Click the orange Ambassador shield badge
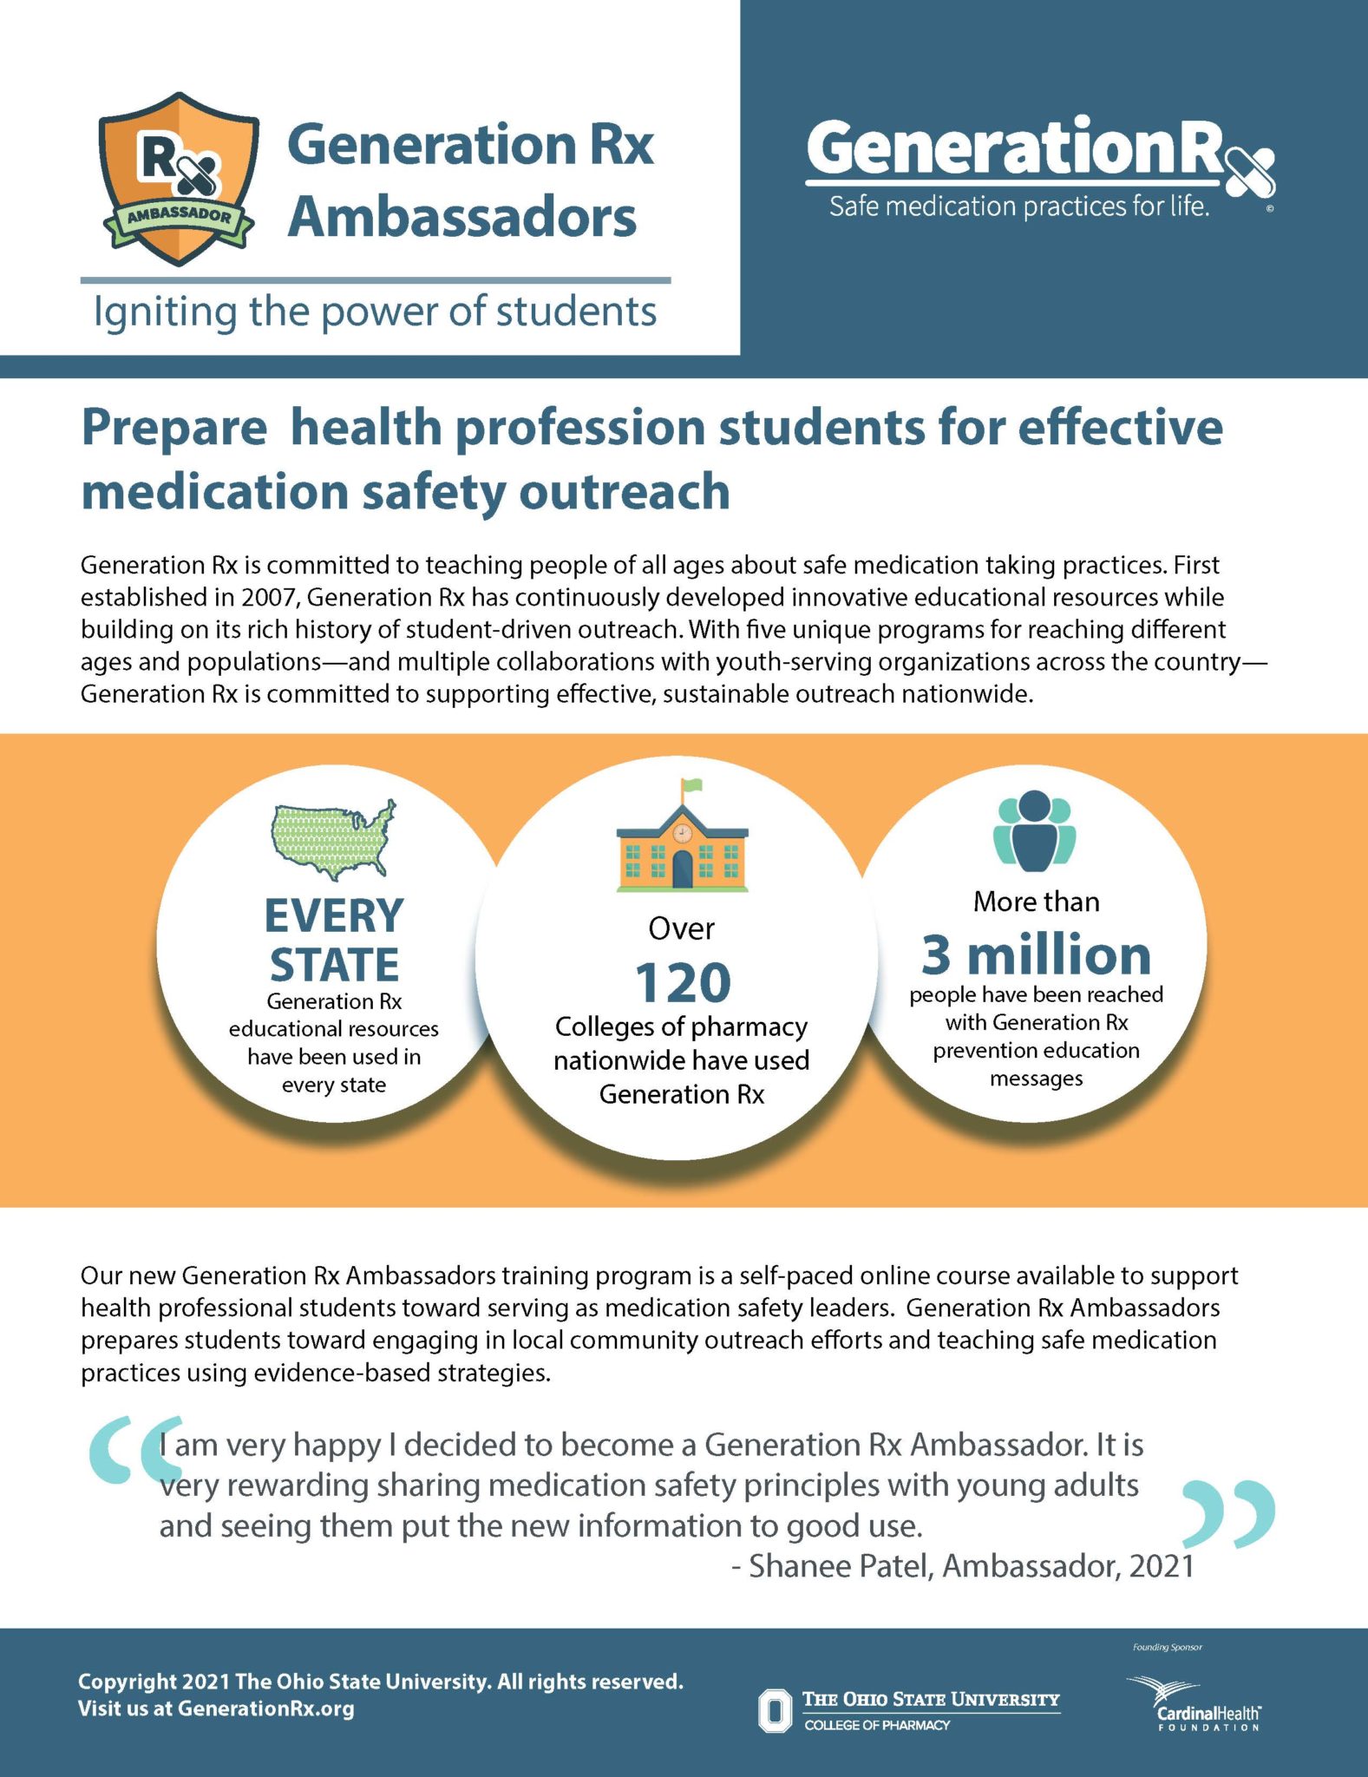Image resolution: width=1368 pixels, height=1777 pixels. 179,178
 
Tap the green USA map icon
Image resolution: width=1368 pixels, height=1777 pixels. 334,838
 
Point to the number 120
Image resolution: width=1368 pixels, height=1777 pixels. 683,982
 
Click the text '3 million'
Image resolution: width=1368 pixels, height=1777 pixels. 1036,954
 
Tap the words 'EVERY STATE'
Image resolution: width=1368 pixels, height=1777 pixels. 334,941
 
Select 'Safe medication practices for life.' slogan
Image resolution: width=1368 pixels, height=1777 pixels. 1018,207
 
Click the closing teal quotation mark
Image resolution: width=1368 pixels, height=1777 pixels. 1231,1514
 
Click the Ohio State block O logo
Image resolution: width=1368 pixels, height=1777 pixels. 775,1710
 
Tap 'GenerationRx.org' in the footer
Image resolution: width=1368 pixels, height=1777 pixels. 265,1708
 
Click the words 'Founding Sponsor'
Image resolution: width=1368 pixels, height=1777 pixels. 1167,1647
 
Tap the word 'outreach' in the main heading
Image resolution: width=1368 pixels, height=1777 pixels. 624,492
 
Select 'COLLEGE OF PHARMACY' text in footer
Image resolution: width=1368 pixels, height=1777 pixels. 876,1725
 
